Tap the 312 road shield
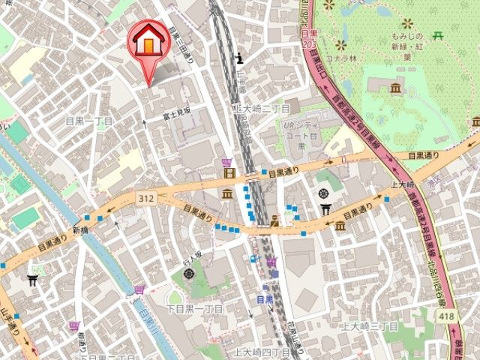pyautogui.click(x=145, y=196)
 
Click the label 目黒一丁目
pyautogui.click(x=88, y=120)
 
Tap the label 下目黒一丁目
pyautogui.click(x=193, y=309)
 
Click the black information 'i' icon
pyautogui.click(x=238, y=58)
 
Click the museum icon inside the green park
pyautogui.click(x=396, y=90)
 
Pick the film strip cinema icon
pyautogui.click(x=227, y=175)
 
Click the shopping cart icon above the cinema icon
pyautogui.click(x=227, y=162)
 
